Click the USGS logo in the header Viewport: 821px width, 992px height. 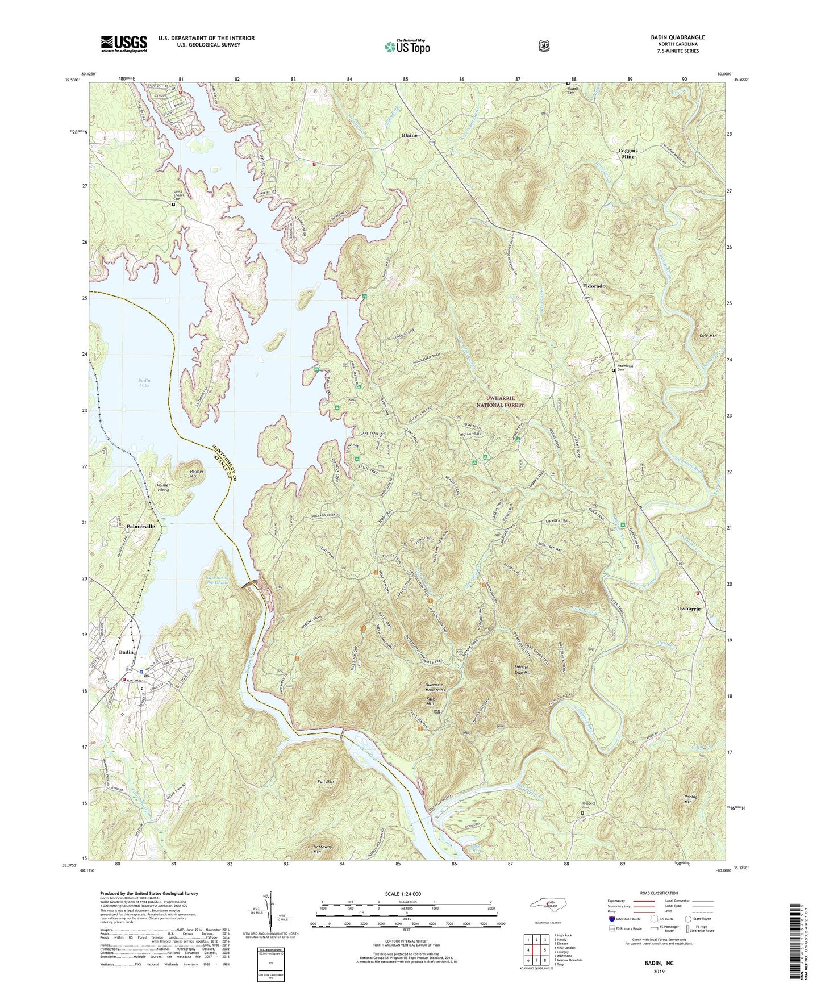pos(124,44)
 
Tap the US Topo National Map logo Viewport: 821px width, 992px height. pos(407,47)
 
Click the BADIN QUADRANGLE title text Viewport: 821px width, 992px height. pos(678,37)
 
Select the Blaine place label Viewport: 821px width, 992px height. pos(409,135)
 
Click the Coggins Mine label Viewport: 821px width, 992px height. pos(628,153)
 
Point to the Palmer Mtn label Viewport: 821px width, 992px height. pos(197,474)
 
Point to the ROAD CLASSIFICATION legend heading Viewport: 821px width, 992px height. pos(659,893)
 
